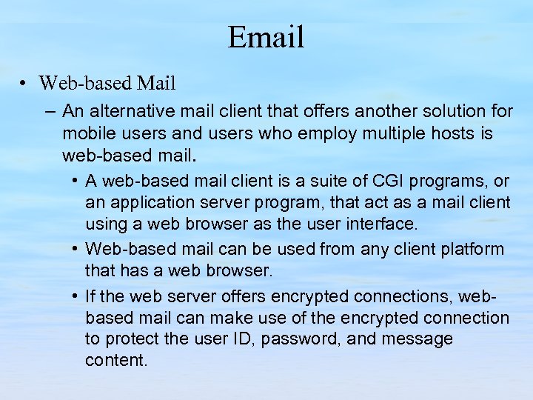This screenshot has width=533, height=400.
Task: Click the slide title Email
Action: pos(266,37)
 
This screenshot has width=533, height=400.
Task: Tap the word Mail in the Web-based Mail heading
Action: pos(155,83)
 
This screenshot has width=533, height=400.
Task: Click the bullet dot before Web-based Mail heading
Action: pos(25,83)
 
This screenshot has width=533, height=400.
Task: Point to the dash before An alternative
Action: pos(50,112)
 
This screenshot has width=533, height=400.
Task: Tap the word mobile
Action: pos(86,134)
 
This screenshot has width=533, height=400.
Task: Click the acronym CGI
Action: pos(393,181)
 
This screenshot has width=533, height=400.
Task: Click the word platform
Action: pos(469,250)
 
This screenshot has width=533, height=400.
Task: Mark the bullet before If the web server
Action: pos(76,297)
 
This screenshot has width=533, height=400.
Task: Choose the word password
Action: pos(280,339)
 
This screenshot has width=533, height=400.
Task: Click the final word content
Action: pos(116,361)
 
